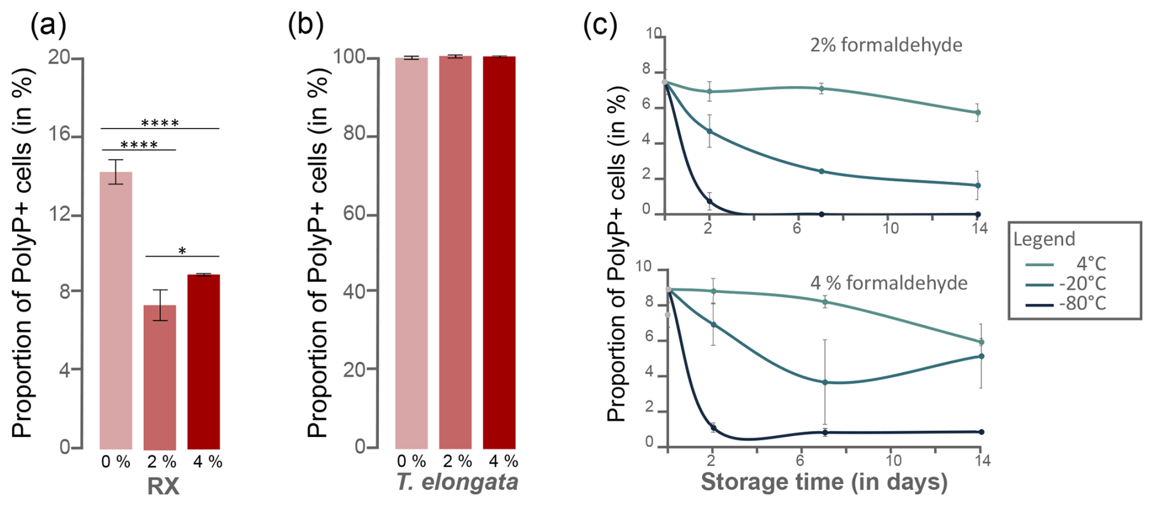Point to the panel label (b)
pyautogui.click(x=306, y=26)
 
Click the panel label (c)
pyautogui.click(x=600, y=26)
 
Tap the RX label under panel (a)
pyautogui.click(x=163, y=486)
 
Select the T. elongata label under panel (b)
pyautogui.click(x=457, y=482)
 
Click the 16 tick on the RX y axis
pyautogui.click(x=60, y=135)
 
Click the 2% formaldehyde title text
pyautogui.click(x=886, y=45)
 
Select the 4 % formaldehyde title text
pyautogui.click(x=889, y=283)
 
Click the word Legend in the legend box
pyautogui.click(x=1044, y=239)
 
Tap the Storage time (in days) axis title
pyautogui.click(x=824, y=482)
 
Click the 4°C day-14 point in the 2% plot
pyautogui.click(x=978, y=113)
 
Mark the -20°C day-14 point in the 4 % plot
pyautogui.click(x=981, y=356)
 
